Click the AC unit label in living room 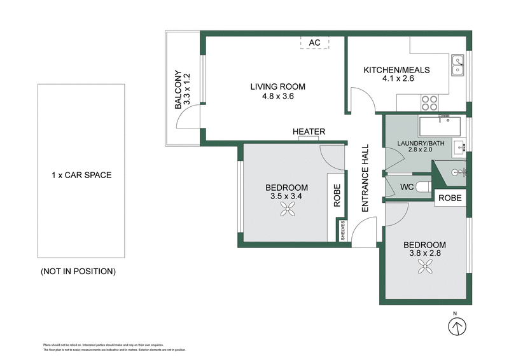tap(314, 43)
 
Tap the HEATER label tap(309, 132)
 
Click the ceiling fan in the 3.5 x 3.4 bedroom tap(284, 214)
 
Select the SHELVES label tap(342, 229)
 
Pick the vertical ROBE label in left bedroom tap(337, 196)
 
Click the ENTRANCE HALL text tap(365, 178)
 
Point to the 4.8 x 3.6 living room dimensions tap(277, 97)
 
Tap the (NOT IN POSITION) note tap(78, 272)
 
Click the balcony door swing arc tap(188, 114)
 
